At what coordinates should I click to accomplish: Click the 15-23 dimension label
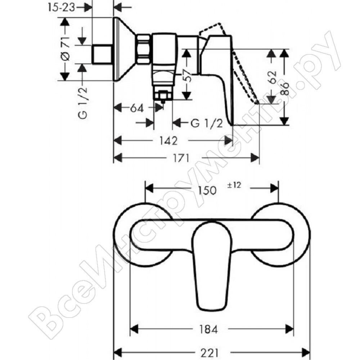click(x=61, y=7)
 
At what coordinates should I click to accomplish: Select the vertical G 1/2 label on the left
click(x=83, y=103)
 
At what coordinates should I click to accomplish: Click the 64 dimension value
click(x=137, y=108)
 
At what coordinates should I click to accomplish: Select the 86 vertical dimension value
click(x=284, y=89)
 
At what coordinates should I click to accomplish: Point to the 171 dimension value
click(x=181, y=158)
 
